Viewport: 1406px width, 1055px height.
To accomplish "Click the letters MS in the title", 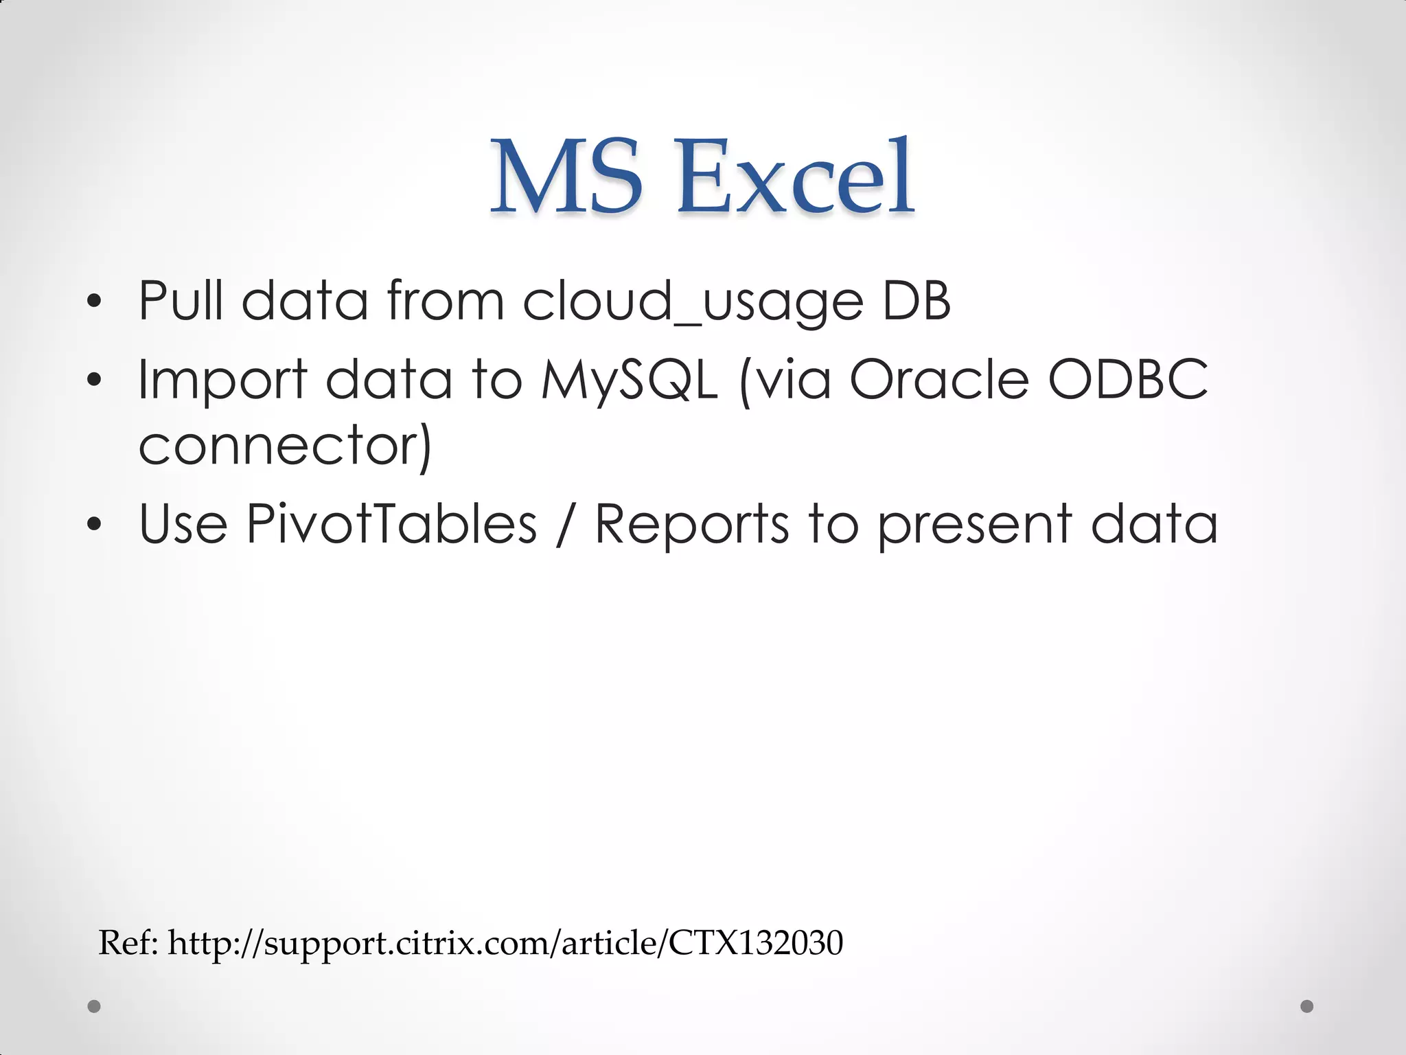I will [x=566, y=177].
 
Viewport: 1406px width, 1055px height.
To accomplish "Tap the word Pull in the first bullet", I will [x=181, y=300].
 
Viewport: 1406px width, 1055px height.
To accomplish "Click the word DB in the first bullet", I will [x=917, y=300].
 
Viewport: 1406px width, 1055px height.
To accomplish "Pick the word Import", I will [x=222, y=380].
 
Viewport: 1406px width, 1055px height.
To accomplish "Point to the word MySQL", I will [x=629, y=380].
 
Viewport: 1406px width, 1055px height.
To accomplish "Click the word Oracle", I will [x=939, y=378].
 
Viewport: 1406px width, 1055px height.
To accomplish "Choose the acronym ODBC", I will [x=1128, y=378].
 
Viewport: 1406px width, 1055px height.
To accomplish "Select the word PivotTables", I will [x=391, y=523].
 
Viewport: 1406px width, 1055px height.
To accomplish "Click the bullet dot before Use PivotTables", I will [x=94, y=525].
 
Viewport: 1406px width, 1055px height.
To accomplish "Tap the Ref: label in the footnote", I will [x=128, y=942].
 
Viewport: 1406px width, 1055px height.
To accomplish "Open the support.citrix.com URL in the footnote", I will [x=505, y=944].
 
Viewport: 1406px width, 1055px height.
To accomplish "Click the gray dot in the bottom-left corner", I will [x=94, y=1006].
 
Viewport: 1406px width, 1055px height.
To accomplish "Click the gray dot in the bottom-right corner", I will [x=1307, y=1006].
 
